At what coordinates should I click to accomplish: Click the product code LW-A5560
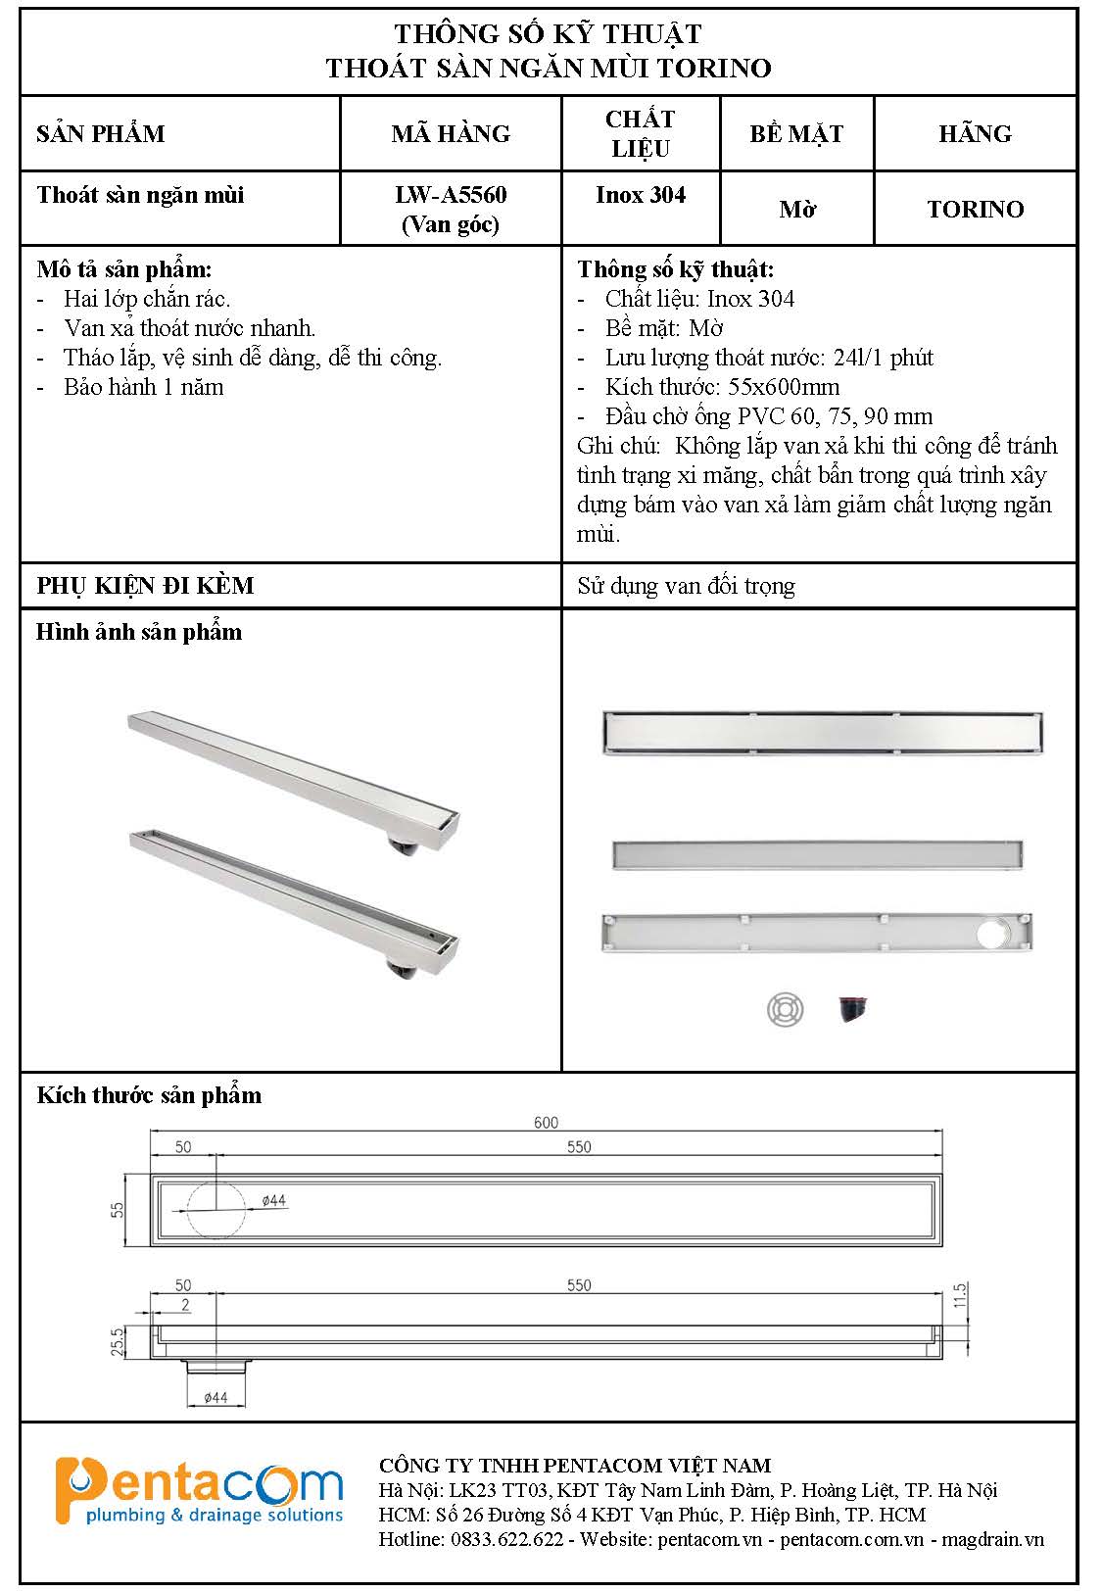pos(451,195)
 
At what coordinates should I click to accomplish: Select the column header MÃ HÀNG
pos(451,133)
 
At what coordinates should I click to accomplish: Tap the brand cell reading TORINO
pos(975,209)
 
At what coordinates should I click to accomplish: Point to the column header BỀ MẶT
pos(796,133)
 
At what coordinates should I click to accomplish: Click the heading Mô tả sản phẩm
pos(124,269)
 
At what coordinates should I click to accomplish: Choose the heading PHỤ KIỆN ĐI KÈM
pos(145,586)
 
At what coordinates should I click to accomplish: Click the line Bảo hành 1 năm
pos(144,387)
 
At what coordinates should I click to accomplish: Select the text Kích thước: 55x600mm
pos(722,387)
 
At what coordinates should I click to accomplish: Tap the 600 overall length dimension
pos(546,1122)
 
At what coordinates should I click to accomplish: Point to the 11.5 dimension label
pos(959,1295)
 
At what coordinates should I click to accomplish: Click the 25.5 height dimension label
pos(118,1341)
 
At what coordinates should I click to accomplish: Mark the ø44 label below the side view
pos(216,1397)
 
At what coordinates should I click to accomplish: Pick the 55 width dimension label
pos(118,1210)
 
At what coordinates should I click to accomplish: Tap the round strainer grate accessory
pos(785,1009)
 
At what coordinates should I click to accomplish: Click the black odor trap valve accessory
pos(852,1009)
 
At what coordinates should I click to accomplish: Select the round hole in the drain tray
pos(993,934)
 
